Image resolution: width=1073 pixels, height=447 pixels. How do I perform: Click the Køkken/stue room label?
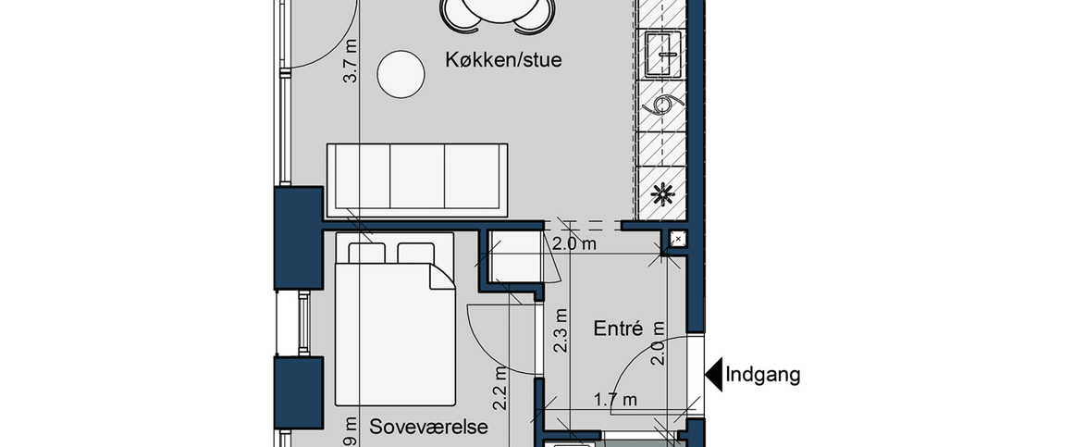pyautogui.click(x=503, y=60)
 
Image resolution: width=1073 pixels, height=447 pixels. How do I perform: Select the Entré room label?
pyautogui.click(x=618, y=329)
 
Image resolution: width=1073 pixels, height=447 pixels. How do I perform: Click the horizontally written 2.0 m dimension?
pyautogui.click(x=573, y=245)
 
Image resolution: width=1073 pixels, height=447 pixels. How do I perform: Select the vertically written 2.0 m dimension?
pyautogui.click(x=659, y=343)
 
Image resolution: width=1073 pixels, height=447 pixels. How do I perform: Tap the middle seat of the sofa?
pyautogui.click(x=417, y=177)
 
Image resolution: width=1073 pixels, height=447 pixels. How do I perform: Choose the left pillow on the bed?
pyautogui.click(x=366, y=253)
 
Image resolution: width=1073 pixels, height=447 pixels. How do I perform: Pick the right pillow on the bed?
pyautogui.click(x=415, y=253)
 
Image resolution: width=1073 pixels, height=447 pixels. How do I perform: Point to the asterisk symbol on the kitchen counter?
pyautogui.click(x=662, y=195)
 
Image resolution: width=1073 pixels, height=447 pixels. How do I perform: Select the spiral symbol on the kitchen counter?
pyautogui.click(x=663, y=104)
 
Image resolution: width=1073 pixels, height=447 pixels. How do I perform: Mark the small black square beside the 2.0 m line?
pyautogui.click(x=677, y=240)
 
